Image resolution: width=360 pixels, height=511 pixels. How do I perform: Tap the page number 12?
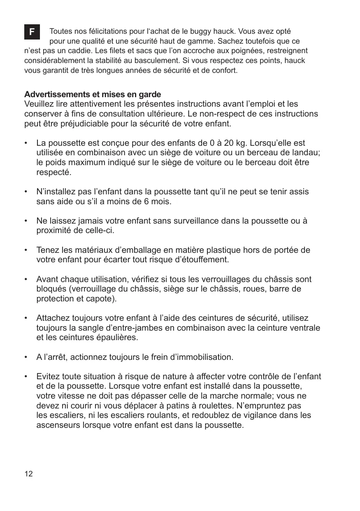28,474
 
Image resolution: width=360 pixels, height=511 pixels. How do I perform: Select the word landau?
307,153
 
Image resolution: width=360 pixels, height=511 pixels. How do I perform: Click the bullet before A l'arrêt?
26,357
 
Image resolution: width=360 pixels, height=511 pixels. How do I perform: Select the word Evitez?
48,377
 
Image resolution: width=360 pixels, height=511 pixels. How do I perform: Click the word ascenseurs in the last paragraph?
60,425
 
